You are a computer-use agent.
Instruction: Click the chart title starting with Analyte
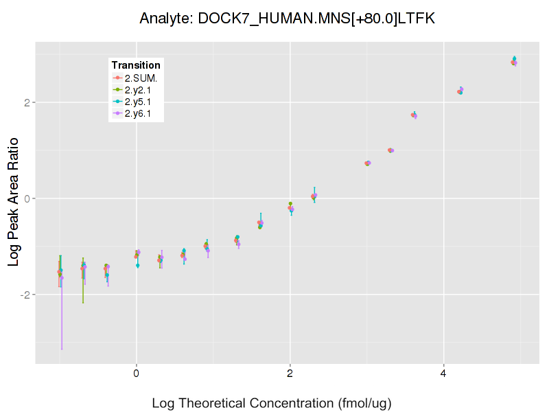pyautogui.click(x=287, y=19)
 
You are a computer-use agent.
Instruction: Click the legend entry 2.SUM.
pyautogui.click(x=141, y=78)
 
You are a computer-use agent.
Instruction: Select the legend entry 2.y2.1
pyautogui.click(x=141, y=90)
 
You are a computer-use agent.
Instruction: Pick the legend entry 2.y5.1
pyautogui.click(x=141, y=102)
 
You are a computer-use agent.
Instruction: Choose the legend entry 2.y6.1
pyautogui.click(x=141, y=113)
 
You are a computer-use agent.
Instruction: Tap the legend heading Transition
pyautogui.click(x=136, y=65)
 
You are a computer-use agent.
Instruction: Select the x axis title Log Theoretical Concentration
pyautogui.click(x=271, y=403)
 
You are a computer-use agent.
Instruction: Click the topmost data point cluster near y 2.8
pyautogui.click(x=514, y=62)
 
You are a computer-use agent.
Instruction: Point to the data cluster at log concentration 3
pyautogui.click(x=368, y=163)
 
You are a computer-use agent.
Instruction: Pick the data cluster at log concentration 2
pyautogui.click(x=291, y=207)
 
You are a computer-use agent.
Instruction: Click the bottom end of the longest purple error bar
pyautogui.click(x=62, y=350)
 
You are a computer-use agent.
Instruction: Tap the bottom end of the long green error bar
pyautogui.click(x=83, y=303)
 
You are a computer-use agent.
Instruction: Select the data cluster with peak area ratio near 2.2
pyautogui.click(x=460, y=90)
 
